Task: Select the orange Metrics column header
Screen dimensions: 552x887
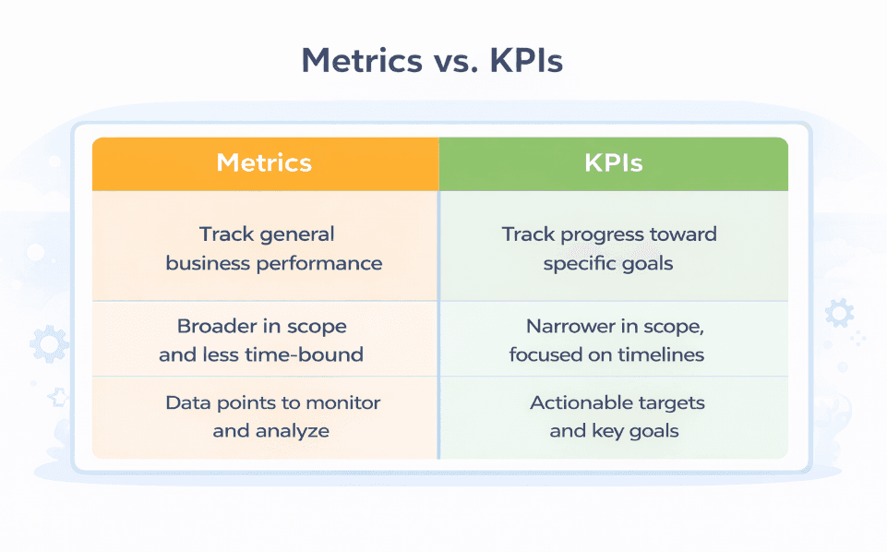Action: pos(264,163)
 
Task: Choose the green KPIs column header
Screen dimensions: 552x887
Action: pos(613,163)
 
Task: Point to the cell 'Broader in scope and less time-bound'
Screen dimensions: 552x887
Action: pos(261,340)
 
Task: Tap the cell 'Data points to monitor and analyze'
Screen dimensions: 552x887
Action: pos(272,416)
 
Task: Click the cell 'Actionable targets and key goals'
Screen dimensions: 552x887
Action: pos(617,416)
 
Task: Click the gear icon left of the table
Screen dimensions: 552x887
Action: pos(48,344)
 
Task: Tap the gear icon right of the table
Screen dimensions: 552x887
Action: pos(838,313)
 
